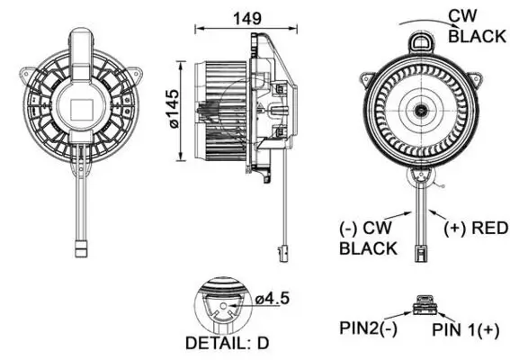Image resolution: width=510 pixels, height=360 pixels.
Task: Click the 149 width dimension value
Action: (x=240, y=18)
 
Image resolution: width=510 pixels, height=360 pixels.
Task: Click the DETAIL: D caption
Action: (x=226, y=343)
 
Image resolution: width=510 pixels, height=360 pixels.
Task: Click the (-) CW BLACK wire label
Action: (x=368, y=238)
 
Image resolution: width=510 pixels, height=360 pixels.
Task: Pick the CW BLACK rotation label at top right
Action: (x=476, y=27)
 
